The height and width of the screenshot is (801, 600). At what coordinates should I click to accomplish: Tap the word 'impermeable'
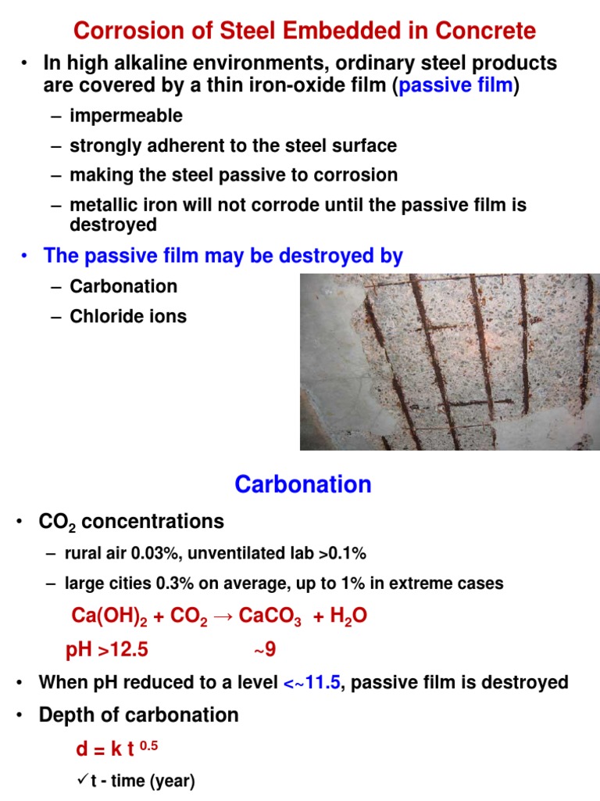pyautogui.click(x=126, y=117)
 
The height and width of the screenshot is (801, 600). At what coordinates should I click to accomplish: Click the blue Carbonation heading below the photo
pyautogui.click(x=303, y=485)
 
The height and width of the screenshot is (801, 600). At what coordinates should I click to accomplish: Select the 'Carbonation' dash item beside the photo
pyautogui.click(x=123, y=286)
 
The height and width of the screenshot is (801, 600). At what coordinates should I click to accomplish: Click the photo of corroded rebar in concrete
pyautogui.click(x=449, y=361)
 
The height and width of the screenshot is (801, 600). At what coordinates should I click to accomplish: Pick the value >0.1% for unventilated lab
pyautogui.click(x=342, y=554)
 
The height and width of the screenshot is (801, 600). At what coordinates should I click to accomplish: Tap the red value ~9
pyautogui.click(x=265, y=650)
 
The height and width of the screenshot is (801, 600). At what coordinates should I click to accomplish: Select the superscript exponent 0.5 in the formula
pyautogui.click(x=148, y=746)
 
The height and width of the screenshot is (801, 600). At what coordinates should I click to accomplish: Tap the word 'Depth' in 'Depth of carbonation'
pyautogui.click(x=64, y=715)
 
